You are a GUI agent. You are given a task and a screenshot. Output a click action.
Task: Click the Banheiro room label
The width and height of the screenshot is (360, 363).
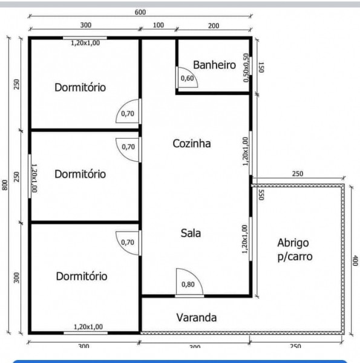coord(214,65)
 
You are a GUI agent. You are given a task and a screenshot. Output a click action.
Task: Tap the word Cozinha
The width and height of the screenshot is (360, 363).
coord(192,143)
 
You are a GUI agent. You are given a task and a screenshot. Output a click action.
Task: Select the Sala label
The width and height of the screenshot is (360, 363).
coord(191,233)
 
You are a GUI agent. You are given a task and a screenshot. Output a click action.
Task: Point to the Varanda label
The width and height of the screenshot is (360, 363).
coord(197,318)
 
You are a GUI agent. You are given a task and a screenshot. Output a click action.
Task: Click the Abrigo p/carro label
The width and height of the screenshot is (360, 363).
coord(295,250)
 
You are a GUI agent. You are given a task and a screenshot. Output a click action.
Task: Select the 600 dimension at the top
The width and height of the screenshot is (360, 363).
coord(140,12)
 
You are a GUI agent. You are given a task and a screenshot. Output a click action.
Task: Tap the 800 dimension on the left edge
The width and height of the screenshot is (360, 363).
coord(5,185)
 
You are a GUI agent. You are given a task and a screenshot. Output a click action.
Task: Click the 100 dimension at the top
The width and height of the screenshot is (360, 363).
coord(159,25)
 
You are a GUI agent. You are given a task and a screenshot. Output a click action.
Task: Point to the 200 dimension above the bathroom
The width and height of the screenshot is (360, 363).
coord(214,25)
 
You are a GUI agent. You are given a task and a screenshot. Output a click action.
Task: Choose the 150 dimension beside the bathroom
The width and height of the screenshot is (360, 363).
coord(261,67)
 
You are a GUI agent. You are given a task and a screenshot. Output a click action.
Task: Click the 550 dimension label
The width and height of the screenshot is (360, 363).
coord(261,195)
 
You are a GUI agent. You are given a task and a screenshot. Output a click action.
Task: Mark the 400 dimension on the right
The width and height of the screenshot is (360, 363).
coord(355,260)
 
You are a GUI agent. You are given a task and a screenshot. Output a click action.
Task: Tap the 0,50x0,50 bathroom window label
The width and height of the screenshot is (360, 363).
coord(246,68)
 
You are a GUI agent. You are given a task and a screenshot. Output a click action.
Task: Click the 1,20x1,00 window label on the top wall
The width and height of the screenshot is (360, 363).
coord(85,43)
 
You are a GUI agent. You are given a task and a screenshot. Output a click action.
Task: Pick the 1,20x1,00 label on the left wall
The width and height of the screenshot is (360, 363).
coord(34,178)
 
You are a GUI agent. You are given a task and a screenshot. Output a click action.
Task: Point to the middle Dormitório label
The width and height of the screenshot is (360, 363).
coord(80,174)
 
